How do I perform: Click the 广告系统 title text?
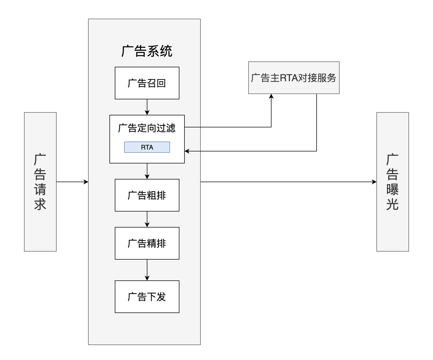147,51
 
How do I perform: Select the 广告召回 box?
147,83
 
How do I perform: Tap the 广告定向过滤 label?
147,128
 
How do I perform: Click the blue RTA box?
147,147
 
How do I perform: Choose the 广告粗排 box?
147,195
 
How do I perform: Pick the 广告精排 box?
147,243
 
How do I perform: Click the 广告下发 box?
147,297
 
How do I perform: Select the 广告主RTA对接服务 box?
294,78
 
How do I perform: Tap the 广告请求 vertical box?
40,182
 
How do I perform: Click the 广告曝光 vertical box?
392,182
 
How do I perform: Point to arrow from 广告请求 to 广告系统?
72,182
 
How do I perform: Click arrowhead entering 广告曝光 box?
374,182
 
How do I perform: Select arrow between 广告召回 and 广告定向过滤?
147,107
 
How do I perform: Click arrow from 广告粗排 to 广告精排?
147,219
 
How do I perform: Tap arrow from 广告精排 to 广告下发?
147,270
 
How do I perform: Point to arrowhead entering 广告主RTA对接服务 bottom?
271,96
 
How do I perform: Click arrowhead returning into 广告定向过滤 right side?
187,151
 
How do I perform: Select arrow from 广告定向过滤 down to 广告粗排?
147,171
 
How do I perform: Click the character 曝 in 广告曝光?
392,189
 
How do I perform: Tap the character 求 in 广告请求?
40,204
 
